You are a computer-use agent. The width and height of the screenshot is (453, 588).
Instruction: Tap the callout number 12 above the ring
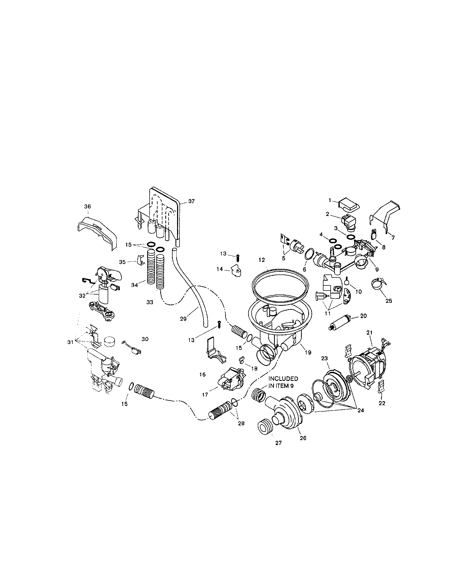pyautogui.click(x=261, y=260)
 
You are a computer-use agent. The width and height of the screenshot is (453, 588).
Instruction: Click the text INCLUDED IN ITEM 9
pyautogui.click(x=283, y=382)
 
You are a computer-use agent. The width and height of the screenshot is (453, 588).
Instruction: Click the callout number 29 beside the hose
pyautogui.click(x=183, y=319)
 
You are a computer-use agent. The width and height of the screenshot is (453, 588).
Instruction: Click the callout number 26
pyautogui.click(x=303, y=438)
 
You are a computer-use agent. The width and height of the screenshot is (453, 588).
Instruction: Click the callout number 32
pyautogui.click(x=82, y=296)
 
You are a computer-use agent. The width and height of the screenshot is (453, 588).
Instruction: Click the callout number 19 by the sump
pyautogui.click(x=308, y=352)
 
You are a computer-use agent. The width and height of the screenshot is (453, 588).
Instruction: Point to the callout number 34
pyautogui.click(x=135, y=285)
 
